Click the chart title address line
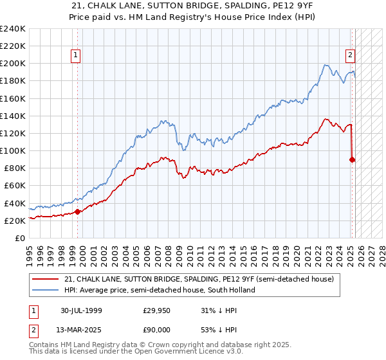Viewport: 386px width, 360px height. coord(192,5)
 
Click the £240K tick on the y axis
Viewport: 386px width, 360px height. coord(13,29)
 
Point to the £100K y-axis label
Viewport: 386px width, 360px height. coord(13,150)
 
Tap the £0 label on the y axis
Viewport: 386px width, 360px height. coord(20,238)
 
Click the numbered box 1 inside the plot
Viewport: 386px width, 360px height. coord(76,55)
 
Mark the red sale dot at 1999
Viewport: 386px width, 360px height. coord(78,211)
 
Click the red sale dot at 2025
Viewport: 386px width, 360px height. coord(353,159)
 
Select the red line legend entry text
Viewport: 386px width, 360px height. coord(199,279)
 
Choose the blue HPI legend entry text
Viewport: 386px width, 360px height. coord(160,290)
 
